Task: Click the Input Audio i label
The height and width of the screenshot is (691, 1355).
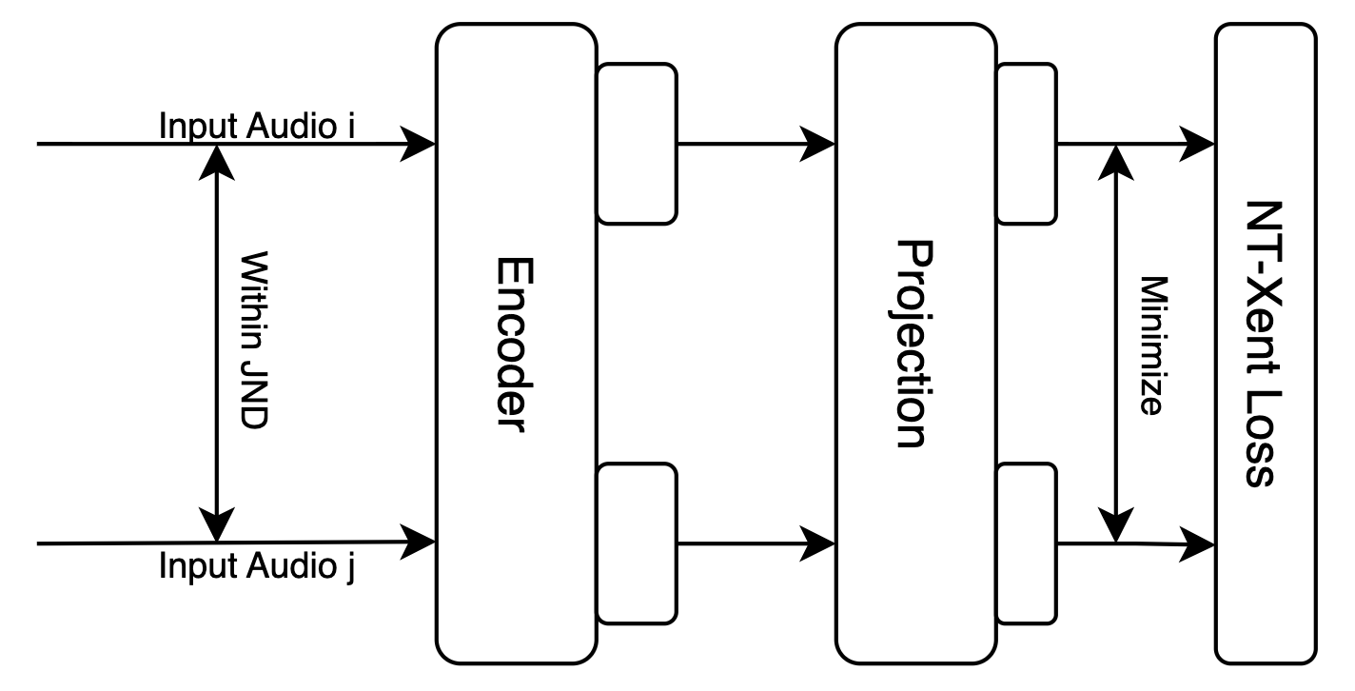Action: (x=257, y=126)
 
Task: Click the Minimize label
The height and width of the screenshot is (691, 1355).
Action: (x=1151, y=344)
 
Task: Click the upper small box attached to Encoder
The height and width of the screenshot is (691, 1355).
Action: (x=637, y=143)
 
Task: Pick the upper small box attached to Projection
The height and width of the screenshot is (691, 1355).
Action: (x=1028, y=143)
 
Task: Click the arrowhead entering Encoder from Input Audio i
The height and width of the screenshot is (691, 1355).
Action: (x=418, y=145)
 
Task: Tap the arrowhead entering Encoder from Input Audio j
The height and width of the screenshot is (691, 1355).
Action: (x=418, y=543)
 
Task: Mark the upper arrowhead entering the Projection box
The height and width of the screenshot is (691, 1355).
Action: (x=818, y=145)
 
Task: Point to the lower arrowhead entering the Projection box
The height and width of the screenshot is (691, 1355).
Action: (x=818, y=543)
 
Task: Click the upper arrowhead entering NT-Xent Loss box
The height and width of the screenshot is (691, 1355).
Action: (x=1198, y=145)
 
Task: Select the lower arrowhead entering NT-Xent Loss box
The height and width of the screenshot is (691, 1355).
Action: (x=1198, y=544)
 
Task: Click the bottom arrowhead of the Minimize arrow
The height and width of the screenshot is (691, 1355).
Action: (x=1115, y=526)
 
